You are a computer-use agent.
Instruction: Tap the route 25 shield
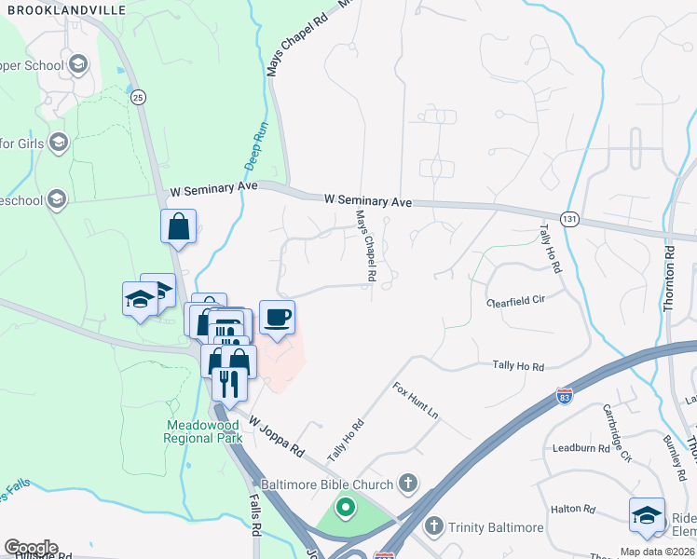tap(138, 96)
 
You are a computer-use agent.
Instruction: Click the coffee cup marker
tap(277, 318)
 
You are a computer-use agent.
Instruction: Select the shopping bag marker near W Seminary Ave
tap(178, 225)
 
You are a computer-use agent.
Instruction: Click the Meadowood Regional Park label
tap(204, 430)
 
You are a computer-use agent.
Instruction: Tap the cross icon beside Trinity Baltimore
tap(433, 527)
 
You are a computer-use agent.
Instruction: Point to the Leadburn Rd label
tap(579, 446)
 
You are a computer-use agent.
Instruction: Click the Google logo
tap(31, 547)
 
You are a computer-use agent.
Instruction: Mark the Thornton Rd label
tap(669, 280)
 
